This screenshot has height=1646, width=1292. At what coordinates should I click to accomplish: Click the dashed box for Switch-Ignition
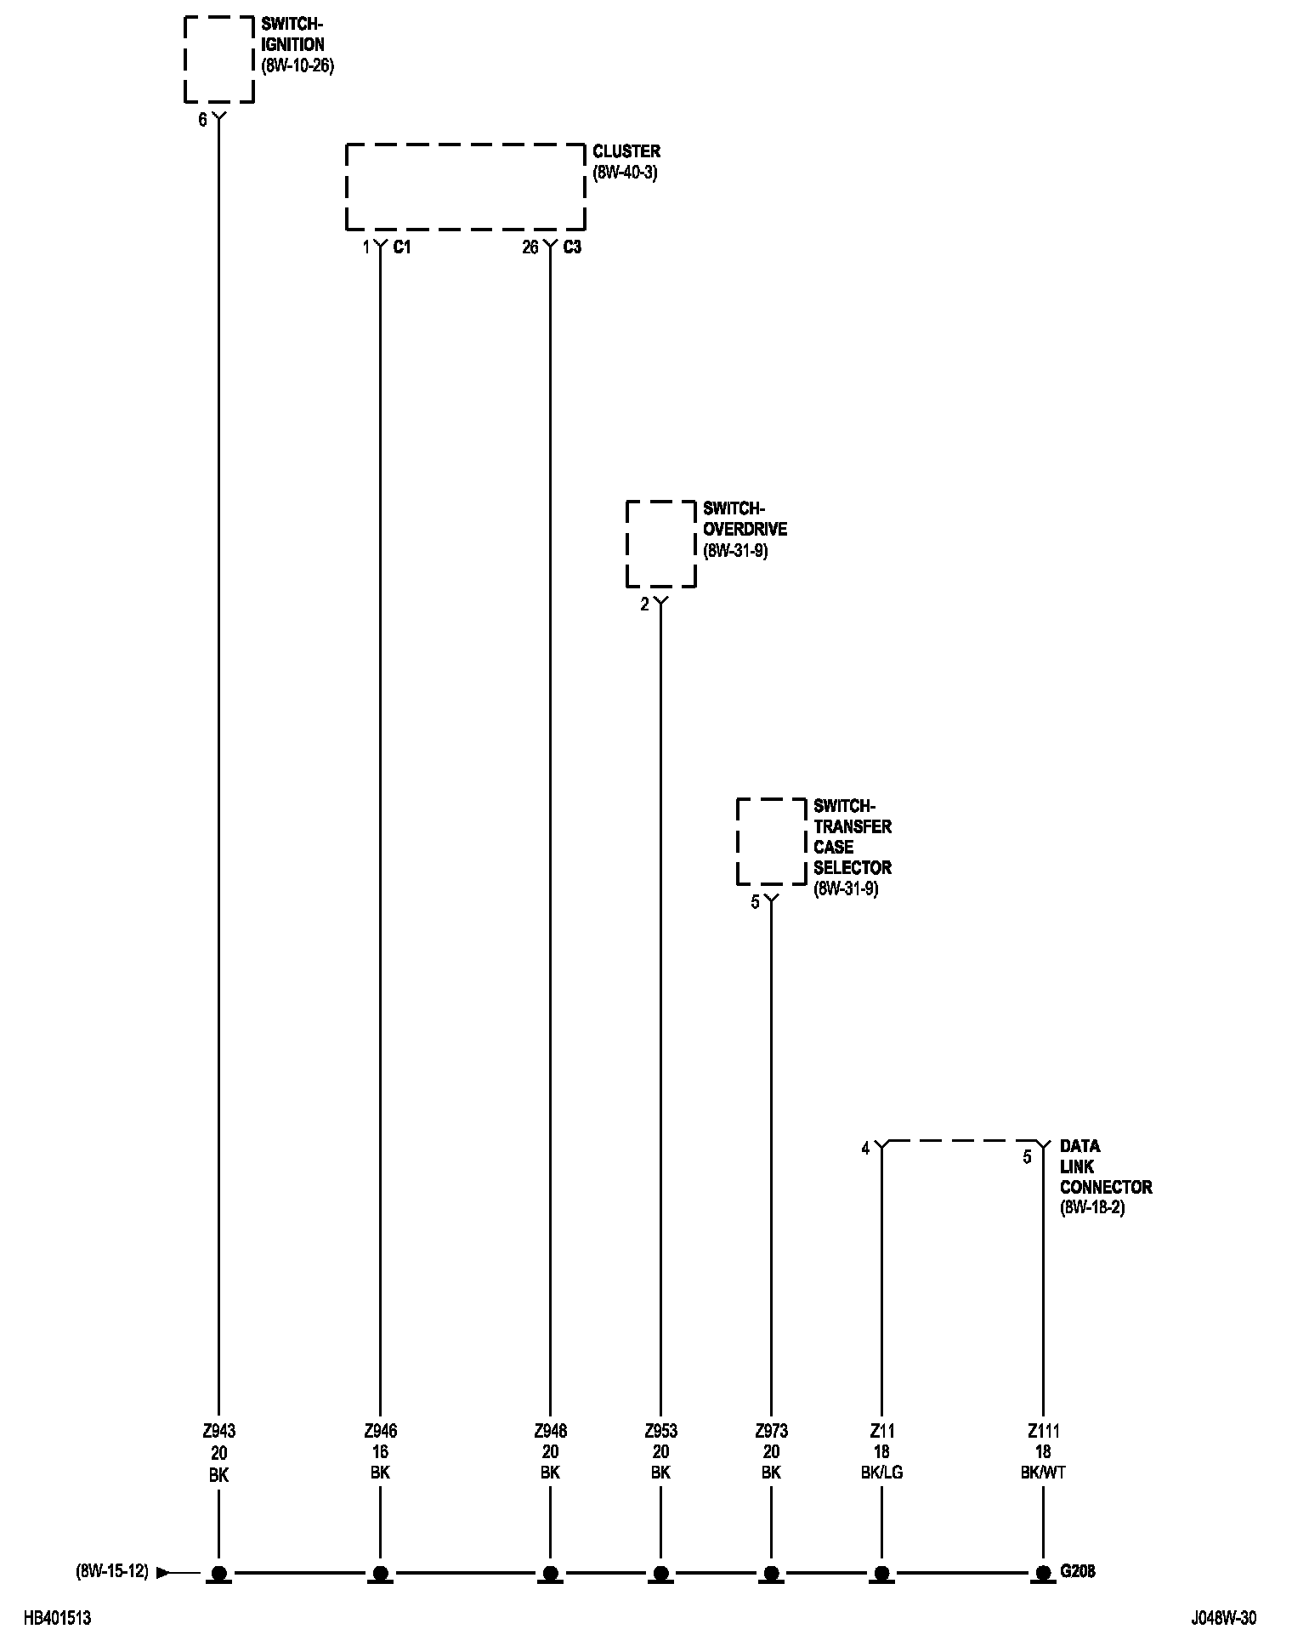[x=219, y=59]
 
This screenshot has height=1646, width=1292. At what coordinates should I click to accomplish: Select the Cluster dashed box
[x=465, y=186]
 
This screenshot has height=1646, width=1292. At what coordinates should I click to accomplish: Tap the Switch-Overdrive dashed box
[x=660, y=543]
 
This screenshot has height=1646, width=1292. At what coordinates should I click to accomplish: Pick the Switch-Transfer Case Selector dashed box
[x=771, y=841]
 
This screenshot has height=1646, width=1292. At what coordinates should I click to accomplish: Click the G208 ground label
[x=1078, y=1572]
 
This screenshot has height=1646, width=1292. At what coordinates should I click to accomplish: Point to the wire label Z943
[x=218, y=1431]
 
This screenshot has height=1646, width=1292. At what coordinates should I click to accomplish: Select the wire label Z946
[x=380, y=1431]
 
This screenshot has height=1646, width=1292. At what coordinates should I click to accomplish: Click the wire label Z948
[x=550, y=1431]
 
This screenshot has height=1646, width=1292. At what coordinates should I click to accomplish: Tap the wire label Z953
[x=660, y=1431]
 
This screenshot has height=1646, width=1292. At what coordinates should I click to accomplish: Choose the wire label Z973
[x=771, y=1431]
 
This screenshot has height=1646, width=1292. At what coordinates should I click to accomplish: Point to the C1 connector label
[x=402, y=247]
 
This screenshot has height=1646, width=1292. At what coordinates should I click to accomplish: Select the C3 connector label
[x=572, y=247]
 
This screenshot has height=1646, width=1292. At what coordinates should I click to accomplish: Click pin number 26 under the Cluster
[x=530, y=247]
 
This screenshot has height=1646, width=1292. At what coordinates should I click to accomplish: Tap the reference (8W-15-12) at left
[x=111, y=1572]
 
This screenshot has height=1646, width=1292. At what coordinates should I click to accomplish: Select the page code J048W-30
[x=1223, y=1619]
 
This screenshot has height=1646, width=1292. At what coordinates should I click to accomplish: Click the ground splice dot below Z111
[x=1043, y=1573]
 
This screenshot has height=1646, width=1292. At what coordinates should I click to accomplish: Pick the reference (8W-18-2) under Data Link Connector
[x=1092, y=1207]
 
